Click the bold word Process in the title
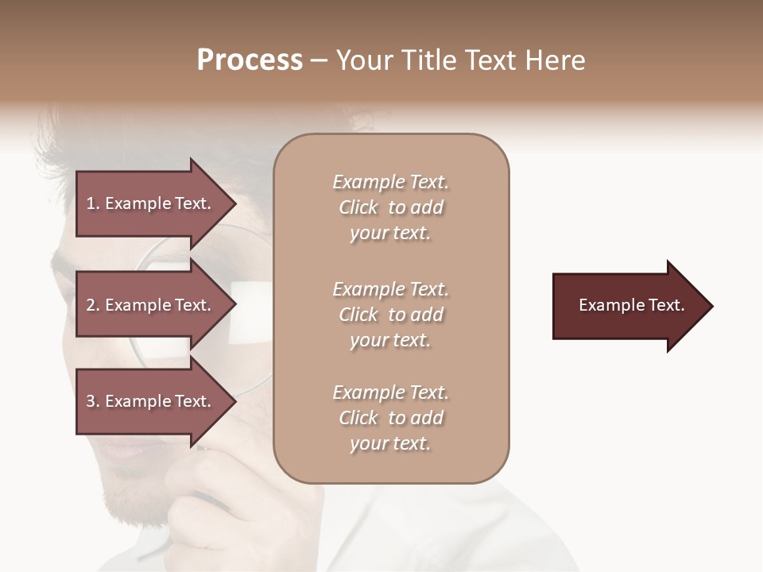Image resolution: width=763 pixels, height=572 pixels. [x=250, y=60]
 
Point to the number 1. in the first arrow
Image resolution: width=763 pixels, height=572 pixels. [x=93, y=203]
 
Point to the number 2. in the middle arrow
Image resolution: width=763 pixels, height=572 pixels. [x=93, y=305]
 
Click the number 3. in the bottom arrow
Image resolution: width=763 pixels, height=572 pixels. [x=93, y=401]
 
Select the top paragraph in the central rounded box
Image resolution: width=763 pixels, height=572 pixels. [x=390, y=207]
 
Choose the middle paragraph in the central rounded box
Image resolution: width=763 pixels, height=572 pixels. [x=390, y=315]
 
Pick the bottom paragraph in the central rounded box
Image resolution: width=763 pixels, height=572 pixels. [x=390, y=418]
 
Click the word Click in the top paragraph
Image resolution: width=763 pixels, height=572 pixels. [x=358, y=207]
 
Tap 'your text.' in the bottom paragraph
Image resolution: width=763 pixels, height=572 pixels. [x=390, y=443]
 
